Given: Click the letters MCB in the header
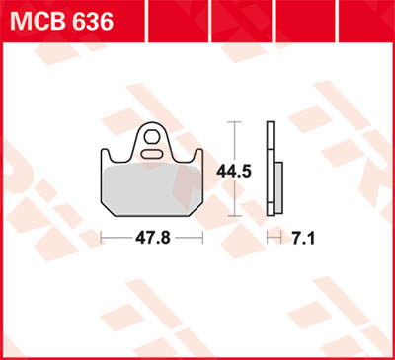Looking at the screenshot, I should tap(38, 21).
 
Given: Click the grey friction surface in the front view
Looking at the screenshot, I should tap(153, 187).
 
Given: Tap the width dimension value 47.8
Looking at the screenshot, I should tap(153, 238).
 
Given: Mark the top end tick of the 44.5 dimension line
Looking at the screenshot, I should tap(234, 122).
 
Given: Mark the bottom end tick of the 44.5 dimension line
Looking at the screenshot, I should tap(234, 215).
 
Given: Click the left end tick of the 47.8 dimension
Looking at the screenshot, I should tap(103, 238).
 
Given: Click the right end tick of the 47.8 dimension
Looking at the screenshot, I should tap(204, 238).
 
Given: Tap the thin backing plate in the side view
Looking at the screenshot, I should tap(271, 168).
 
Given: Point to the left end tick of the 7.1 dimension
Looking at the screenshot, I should tap(269, 238).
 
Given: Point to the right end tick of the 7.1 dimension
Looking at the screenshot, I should tap(281, 238).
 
